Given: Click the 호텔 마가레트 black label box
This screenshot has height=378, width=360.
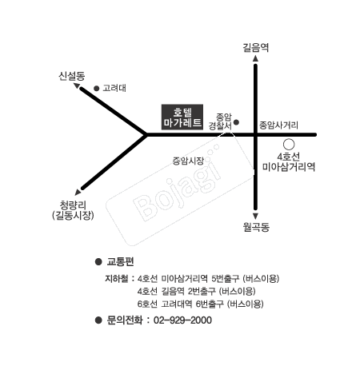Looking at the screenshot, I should point(182,117).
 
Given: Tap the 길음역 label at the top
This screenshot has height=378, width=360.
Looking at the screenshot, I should point(255,47).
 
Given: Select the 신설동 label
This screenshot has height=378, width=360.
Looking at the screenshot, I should point(71,75).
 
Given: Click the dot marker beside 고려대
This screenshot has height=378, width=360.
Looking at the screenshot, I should point(97,89).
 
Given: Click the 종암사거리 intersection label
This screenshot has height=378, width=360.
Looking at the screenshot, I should point(278,125).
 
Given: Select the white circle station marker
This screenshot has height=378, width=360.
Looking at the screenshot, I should point(288,144).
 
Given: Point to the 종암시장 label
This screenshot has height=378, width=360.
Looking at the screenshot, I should point(188,161).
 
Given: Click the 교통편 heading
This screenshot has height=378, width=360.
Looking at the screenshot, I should point(121,261).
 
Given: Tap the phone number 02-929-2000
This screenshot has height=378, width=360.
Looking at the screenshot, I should point(183,320).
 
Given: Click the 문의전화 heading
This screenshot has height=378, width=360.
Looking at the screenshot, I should point(123,320).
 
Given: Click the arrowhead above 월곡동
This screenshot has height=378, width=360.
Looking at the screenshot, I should point(255,213).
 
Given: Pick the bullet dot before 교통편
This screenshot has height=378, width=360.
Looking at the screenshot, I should point(98,261).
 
